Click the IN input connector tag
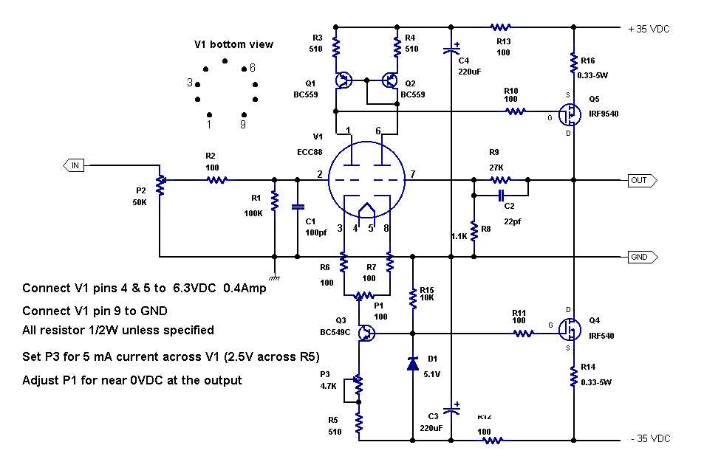click(74, 165)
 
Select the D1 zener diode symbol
click(412, 362)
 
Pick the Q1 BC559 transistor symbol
click(344, 80)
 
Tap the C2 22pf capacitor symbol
click(502, 195)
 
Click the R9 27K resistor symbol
click(500, 179)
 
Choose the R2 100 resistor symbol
click(216, 179)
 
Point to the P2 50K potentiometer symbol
click(160, 181)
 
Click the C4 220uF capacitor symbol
click(451, 50)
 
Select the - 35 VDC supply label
click(651, 438)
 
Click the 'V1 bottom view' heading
click(233, 44)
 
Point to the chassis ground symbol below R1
click(274, 277)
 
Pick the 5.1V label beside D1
click(431, 373)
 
